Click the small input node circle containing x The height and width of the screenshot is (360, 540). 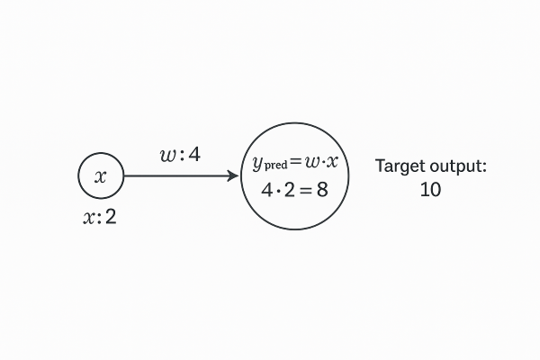100,176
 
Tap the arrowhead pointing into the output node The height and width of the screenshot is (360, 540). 232,176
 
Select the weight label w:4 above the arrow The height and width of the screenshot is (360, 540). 180,155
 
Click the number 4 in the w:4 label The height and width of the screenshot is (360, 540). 193,155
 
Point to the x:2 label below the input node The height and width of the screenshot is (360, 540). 100,217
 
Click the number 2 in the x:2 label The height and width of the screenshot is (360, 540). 111,217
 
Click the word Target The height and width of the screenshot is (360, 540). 400,166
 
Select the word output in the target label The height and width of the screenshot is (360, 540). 456,166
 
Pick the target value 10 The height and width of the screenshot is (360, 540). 430,191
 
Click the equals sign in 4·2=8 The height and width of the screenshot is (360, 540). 301,191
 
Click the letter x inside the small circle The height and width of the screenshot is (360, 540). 100,176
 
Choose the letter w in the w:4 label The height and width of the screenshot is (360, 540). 167,155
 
